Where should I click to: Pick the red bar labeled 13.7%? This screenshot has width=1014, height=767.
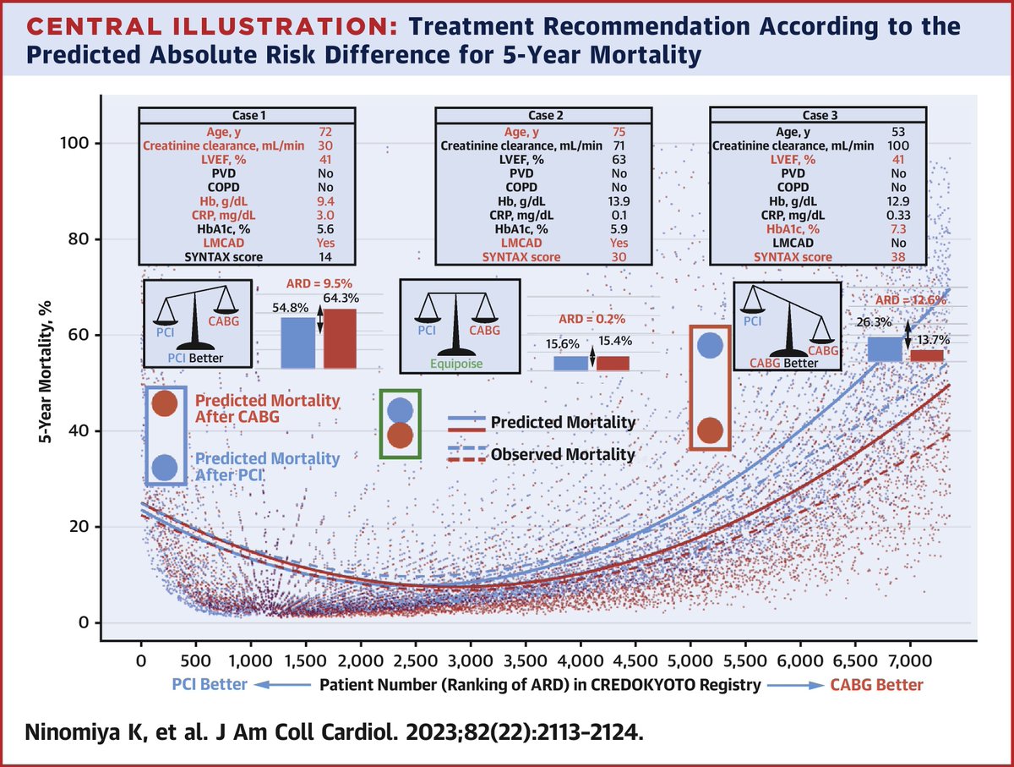[x=927, y=355]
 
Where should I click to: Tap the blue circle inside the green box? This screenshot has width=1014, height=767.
[x=400, y=410]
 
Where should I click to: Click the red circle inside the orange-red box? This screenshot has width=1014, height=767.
[x=710, y=431]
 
